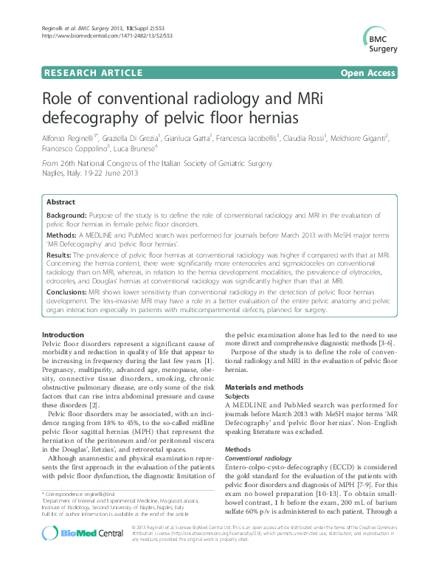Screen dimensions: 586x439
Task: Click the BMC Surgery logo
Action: coord(380,38)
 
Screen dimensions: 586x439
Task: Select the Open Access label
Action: coord(368,72)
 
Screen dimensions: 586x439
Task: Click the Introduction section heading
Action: coord(63,335)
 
